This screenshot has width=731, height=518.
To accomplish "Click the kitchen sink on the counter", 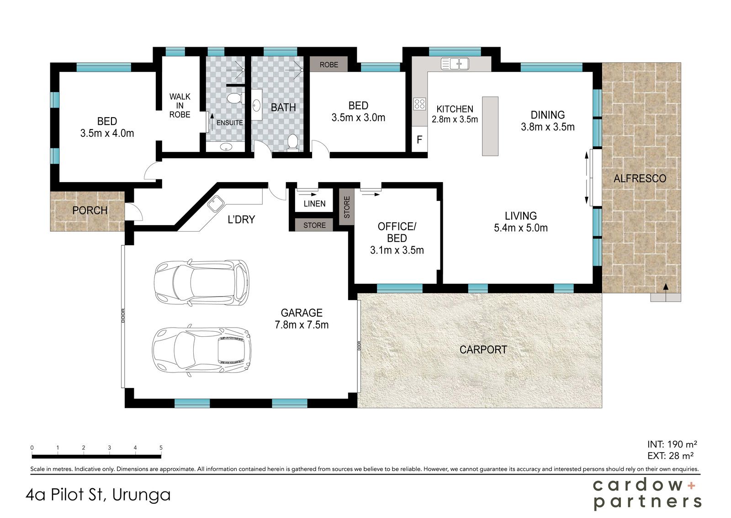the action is click(x=455, y=64).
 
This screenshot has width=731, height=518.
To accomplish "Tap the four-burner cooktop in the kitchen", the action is click(x=419, y=104).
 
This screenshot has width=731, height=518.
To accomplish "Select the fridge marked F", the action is click(x=419, y=140).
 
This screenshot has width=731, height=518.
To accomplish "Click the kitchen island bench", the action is click(x=490, y=126).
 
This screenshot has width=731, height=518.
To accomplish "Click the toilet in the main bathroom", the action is click(x=292, y=143).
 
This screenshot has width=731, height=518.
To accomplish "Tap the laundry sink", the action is click(x=215, y=204).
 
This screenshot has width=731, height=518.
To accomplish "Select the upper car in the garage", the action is click(x=201, y=283).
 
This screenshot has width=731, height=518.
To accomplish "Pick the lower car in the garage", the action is click(x=201, y=351).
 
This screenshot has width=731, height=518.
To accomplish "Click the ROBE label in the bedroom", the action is click(x=328, y=65).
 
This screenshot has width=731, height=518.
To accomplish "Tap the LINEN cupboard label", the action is click(x=314, y=204).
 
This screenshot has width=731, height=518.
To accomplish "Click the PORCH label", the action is click(x=90, y=210).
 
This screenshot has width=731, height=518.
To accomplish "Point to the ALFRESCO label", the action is click(x=640, y=178).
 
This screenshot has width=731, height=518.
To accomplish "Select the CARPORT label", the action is click(x=483, y=350).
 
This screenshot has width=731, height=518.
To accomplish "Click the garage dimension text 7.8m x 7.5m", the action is click(x=302, y=325).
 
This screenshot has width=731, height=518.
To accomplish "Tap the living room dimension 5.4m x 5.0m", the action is click(x=521, y=228).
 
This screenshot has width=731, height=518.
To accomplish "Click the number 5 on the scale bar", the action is click(x=161, y=448).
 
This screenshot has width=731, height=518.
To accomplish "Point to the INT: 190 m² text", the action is click(x=672, y=444).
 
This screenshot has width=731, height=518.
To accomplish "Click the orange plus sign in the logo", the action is click(x=691, y=486).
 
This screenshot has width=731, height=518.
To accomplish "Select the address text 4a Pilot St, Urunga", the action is click(x=98, y=495).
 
